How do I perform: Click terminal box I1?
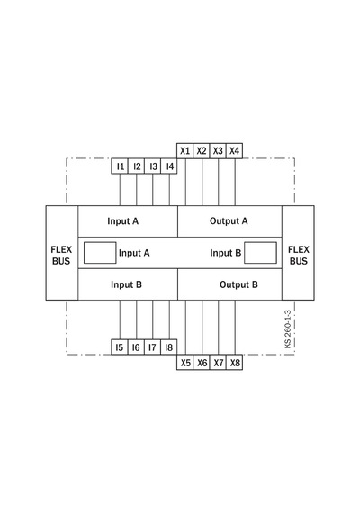click(x=120, y=166)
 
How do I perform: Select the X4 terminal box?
click(x=234, y=151)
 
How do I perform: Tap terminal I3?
click(x=152, y=166)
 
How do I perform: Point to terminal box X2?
click(x=202, y=151)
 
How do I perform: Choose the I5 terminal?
click(x=120, y=347)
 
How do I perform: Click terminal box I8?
click(x=169, y=347)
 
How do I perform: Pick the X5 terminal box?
click(x=185, y=363)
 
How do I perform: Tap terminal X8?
click(x=234, y=363)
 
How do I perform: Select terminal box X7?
click(x=218, y=363)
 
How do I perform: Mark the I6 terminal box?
click(x=136, y=347)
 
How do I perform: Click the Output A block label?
click(x=229, y=221)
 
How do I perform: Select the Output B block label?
click(x=238, y=284)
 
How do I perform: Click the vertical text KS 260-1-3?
click(x=288, y=329)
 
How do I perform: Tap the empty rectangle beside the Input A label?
click(x=100, y=253)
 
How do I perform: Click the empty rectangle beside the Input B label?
click(x=260, y=253)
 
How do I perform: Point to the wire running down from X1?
click(x=185, y=182)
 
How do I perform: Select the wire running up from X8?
click(x=235, y=328)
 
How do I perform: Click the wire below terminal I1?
click(x=120, y=190)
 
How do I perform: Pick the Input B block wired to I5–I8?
click(x=128, y=284)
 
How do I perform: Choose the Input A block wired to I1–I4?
click(x=128, y=221)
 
